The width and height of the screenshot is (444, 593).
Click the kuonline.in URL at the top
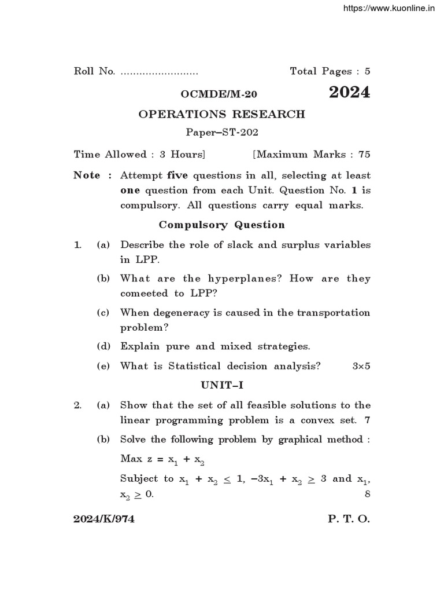pos(388,8)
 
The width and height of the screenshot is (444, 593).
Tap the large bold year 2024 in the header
pos(350,93)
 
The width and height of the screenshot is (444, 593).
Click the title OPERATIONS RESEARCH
pos(221,114)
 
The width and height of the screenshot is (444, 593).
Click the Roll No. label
pos(95,71)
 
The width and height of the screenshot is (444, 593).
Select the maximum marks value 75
pos(364,154)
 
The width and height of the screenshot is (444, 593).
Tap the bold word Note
pos(87,175)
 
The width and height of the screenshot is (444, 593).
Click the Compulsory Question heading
pos(221,225)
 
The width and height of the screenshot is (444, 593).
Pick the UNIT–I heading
pos(221,385)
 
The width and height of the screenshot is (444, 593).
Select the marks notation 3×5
pos(361,366)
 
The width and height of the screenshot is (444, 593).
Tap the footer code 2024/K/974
pos(104,519)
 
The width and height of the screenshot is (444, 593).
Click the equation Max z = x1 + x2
pos(162,459)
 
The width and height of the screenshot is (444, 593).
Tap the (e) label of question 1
pos(103,366)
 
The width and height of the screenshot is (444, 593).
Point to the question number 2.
pos(77,405)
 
